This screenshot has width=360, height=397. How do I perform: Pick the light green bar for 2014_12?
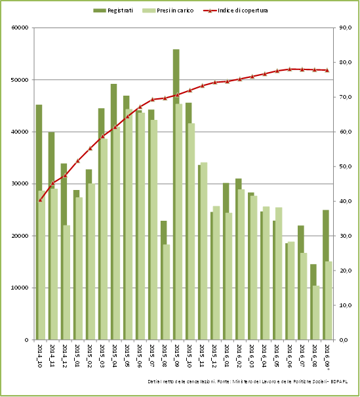point(67,282)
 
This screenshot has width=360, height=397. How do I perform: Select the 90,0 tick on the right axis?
point(345,28)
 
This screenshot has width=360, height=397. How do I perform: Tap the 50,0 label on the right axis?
point(345,166)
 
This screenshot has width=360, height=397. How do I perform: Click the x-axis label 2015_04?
point(114,356)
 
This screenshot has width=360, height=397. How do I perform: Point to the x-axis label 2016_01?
point(226,356)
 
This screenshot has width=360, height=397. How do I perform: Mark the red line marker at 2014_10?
point(40,200)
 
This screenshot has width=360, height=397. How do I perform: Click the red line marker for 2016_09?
point(327,70)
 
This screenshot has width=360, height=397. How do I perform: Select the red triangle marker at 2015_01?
point(77,161)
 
